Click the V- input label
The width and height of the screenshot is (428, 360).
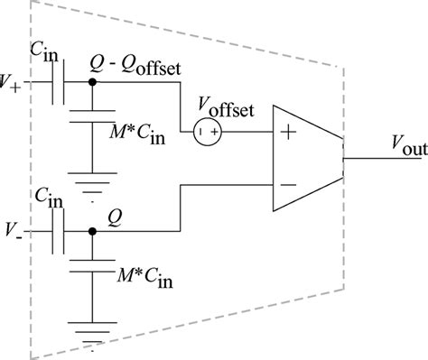[12, 231]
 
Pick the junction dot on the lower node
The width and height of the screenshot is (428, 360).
[92, 231]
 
